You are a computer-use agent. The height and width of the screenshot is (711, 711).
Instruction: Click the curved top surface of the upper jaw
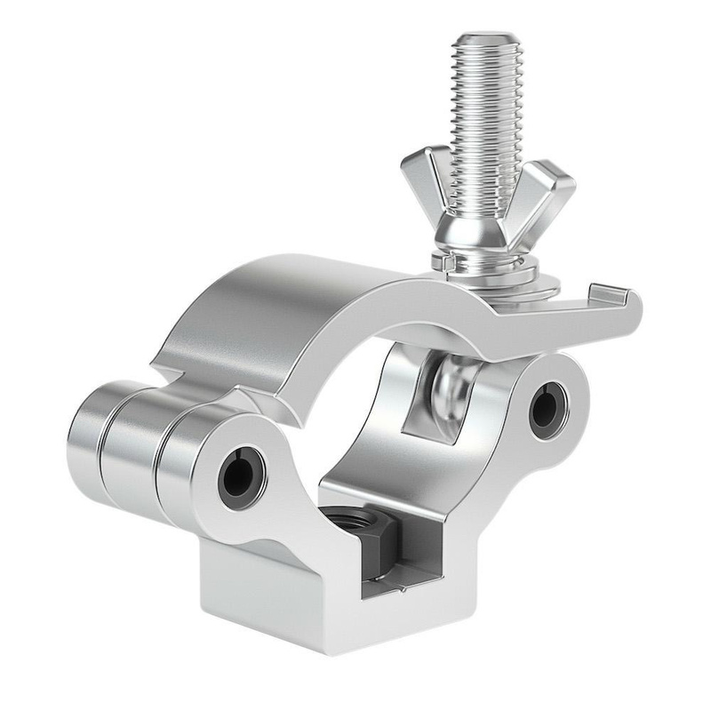click(x=293, y=293)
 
